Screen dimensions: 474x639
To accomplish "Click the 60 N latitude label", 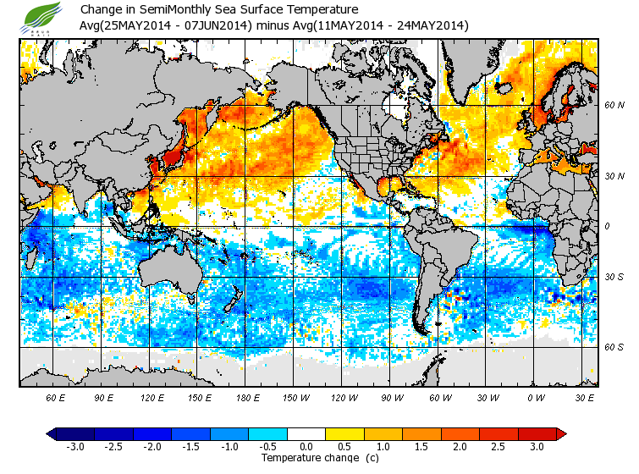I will coord(614,106).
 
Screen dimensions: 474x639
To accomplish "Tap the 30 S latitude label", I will coord(614,277).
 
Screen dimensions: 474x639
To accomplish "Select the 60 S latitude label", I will coord(614,346).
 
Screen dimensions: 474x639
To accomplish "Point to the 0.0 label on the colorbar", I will coord(306,446).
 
